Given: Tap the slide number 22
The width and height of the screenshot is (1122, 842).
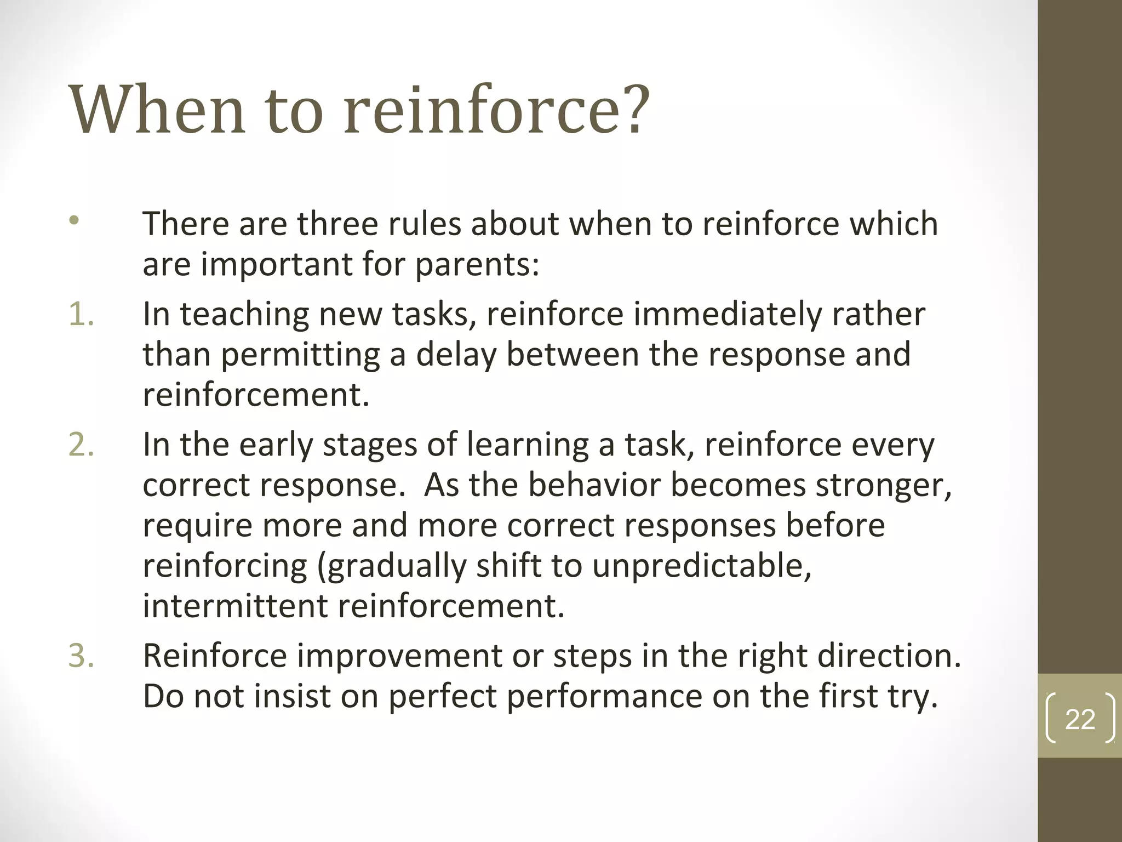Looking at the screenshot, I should [x=1080, y=719].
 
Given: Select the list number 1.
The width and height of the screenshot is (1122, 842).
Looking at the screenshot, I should [x=81, y=315].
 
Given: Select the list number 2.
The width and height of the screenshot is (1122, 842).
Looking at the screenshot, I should [x=81, y=445].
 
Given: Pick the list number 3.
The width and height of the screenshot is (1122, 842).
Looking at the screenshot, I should [x=81, y=656].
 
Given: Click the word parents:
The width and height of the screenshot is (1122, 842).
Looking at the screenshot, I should [x=477, y=264].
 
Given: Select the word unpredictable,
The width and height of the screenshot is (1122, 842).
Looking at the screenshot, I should [x=701, y=566].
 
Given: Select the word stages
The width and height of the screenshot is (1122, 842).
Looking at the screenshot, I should [x=370, y=445].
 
